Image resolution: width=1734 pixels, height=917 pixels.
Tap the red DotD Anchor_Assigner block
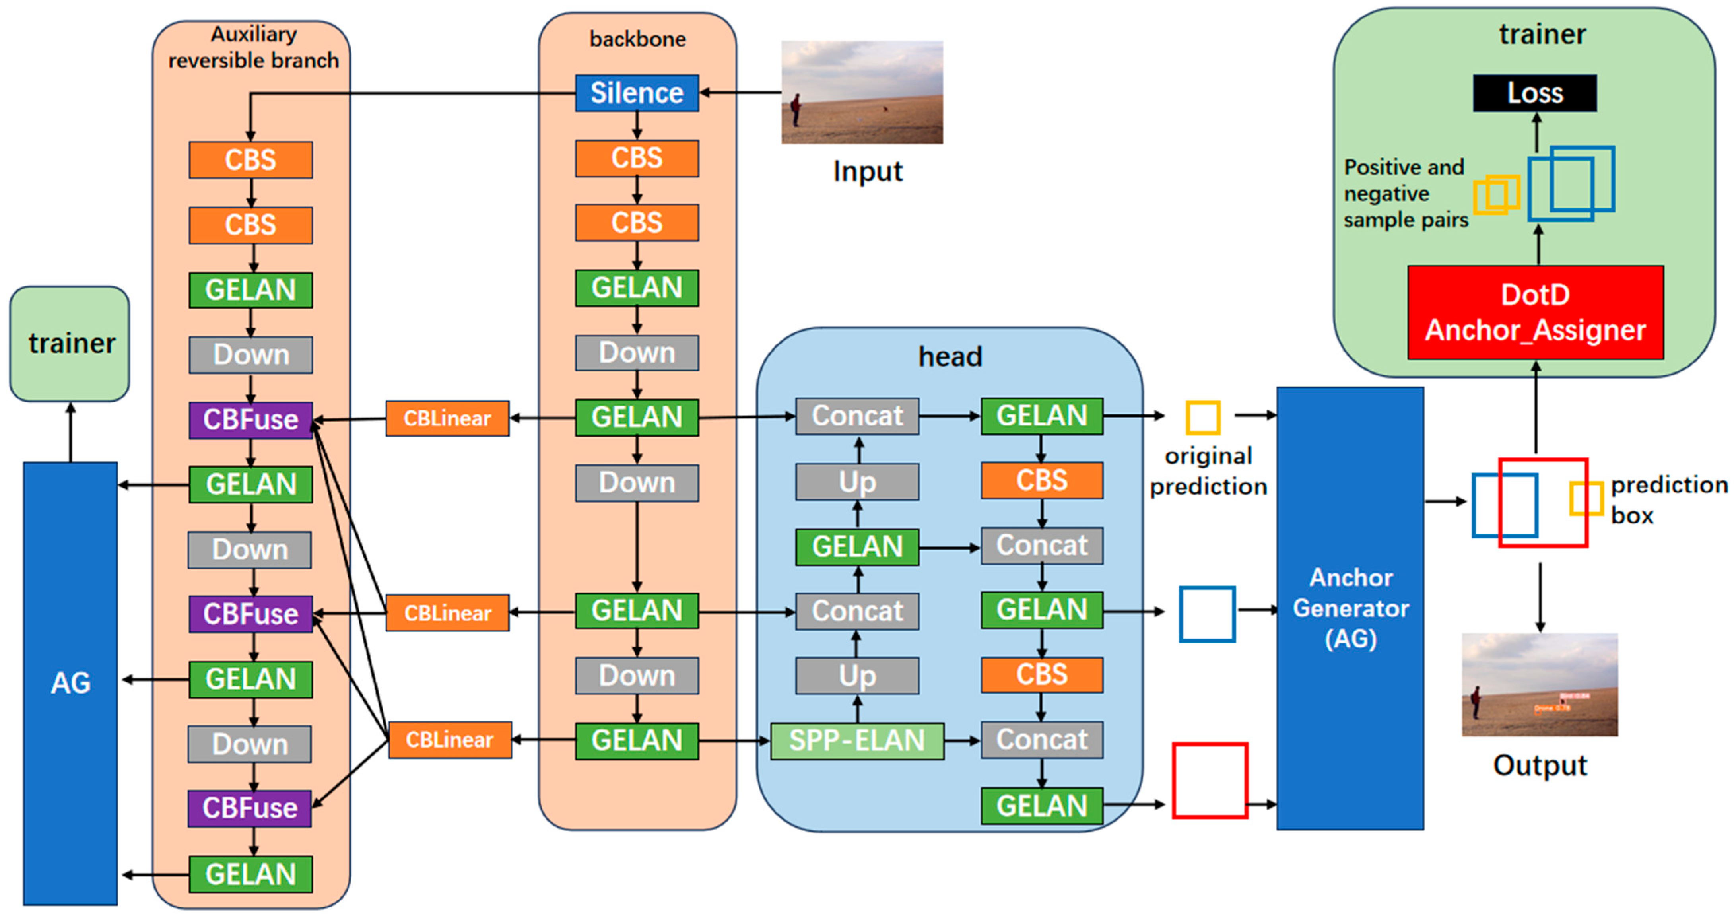tap(1535, 313)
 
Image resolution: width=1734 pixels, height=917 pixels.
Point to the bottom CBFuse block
tap(250, 808)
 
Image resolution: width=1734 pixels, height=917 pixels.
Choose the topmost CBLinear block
tap(447, 419)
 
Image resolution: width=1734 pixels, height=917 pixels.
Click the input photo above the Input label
tap(862, 92)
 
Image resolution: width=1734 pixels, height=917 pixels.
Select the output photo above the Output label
tap(1540, 684)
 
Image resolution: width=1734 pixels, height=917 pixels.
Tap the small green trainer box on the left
tap(70, 343)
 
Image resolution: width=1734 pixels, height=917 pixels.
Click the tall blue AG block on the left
tap(70, 683)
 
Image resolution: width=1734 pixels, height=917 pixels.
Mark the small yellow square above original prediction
tap(1202, 418)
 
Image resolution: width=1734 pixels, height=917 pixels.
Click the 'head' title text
tap(950, 357)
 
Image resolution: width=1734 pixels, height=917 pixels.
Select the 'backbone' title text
tap(637, 39)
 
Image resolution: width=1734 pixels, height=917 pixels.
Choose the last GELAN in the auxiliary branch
tap(250, 874)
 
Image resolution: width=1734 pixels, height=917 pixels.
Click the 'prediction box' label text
tap(1668, 499)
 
